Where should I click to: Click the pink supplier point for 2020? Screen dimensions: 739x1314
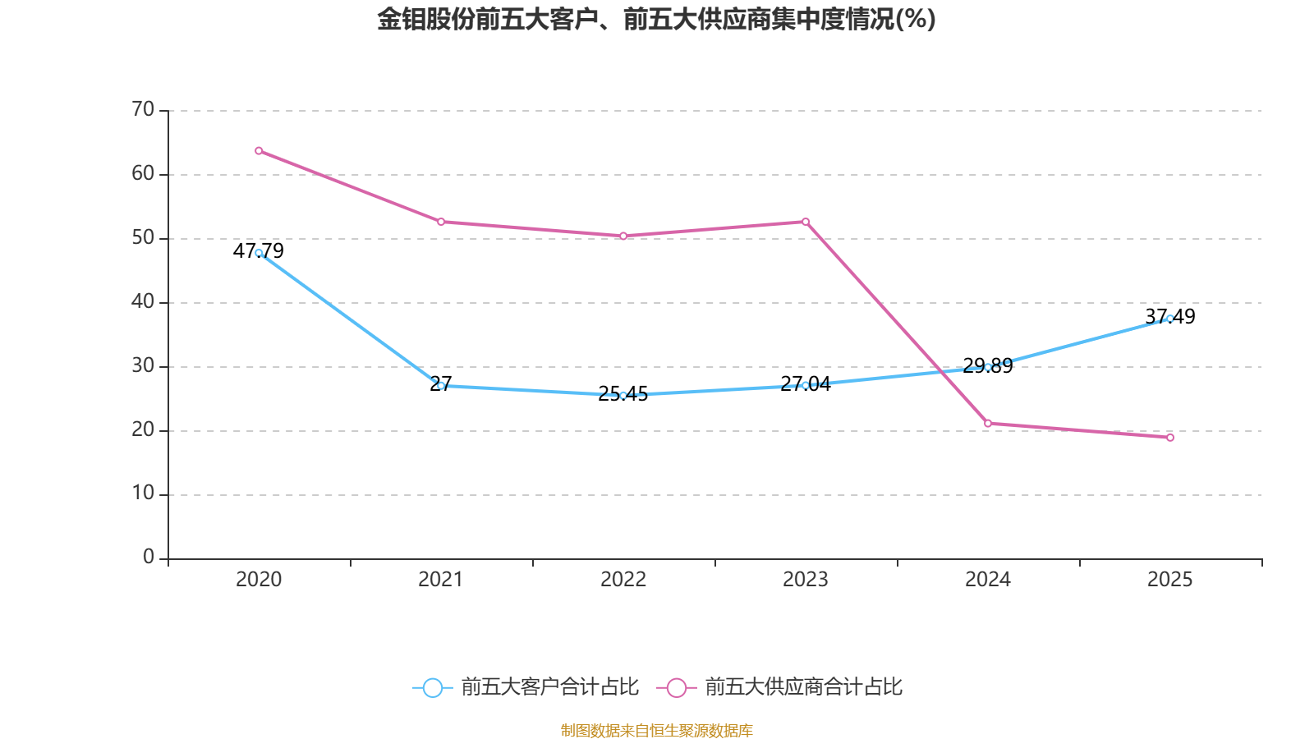(x=259, y=151)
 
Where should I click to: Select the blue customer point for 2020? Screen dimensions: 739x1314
(x=259, y=253)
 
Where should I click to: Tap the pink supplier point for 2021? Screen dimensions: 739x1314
(x=441, y=222)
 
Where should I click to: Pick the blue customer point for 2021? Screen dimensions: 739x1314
(x=441, y=386)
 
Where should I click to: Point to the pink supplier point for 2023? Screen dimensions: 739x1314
(x=806, y=222)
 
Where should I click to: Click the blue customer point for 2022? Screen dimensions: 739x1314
(x=623, y=396)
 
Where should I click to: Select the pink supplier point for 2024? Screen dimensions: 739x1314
(x=988, y=424)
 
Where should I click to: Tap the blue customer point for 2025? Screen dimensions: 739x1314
(x=1170, y=319)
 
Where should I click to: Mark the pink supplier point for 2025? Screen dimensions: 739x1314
(x=1170, y=438)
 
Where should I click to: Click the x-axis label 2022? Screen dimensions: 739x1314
(x=623, y=580)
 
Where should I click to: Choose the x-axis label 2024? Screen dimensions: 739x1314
(x=988, y=580)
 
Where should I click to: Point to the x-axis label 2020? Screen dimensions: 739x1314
(x=259, y=580)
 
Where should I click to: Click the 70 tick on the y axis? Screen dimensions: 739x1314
(x=143, y=110)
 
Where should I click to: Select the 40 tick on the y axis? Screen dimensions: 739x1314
(x=143, y=302)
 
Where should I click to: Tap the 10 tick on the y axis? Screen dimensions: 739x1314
(x=143, y=493)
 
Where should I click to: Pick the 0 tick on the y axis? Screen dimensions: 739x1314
(x=149, y=558)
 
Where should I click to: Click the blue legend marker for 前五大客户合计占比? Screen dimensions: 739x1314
(x=432, y=687)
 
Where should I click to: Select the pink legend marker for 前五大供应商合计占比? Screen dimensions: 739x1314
(x=676, y=687)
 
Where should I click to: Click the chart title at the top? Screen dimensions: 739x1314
(x=656, y=20)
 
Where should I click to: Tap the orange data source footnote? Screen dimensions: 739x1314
(x=656, y=730)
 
